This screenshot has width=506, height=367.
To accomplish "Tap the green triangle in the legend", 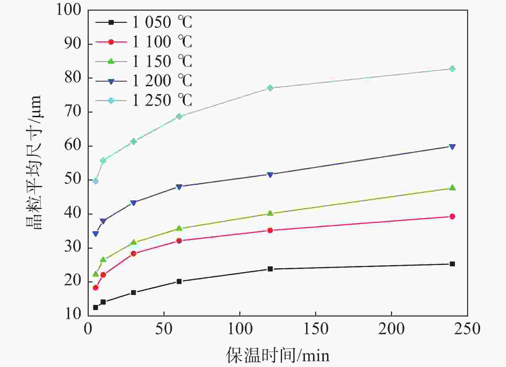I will point(111,61).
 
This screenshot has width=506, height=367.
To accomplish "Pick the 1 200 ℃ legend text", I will point(162,81).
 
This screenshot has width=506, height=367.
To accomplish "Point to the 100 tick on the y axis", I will point(69,10).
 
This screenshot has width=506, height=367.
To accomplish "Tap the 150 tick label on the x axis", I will point(316,329).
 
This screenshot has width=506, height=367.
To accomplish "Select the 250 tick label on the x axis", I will point(467,329).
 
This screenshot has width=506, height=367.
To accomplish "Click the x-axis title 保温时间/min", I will point(278,355).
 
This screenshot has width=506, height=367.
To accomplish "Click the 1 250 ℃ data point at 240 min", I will point(452,69).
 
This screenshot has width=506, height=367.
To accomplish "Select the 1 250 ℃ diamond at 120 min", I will point(270,88).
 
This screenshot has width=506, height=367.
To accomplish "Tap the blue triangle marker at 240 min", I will point(452,147).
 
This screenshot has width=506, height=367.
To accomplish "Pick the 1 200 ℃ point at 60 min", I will point(179,187).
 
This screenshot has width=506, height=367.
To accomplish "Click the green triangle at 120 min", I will point(270,213).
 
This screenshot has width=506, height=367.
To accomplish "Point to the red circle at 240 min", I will point(452,216).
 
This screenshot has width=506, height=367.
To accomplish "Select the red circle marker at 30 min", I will point(134,253).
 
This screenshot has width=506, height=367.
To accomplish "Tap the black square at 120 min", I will point(270,269).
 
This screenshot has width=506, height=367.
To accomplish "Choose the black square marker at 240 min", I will point(452,264).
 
